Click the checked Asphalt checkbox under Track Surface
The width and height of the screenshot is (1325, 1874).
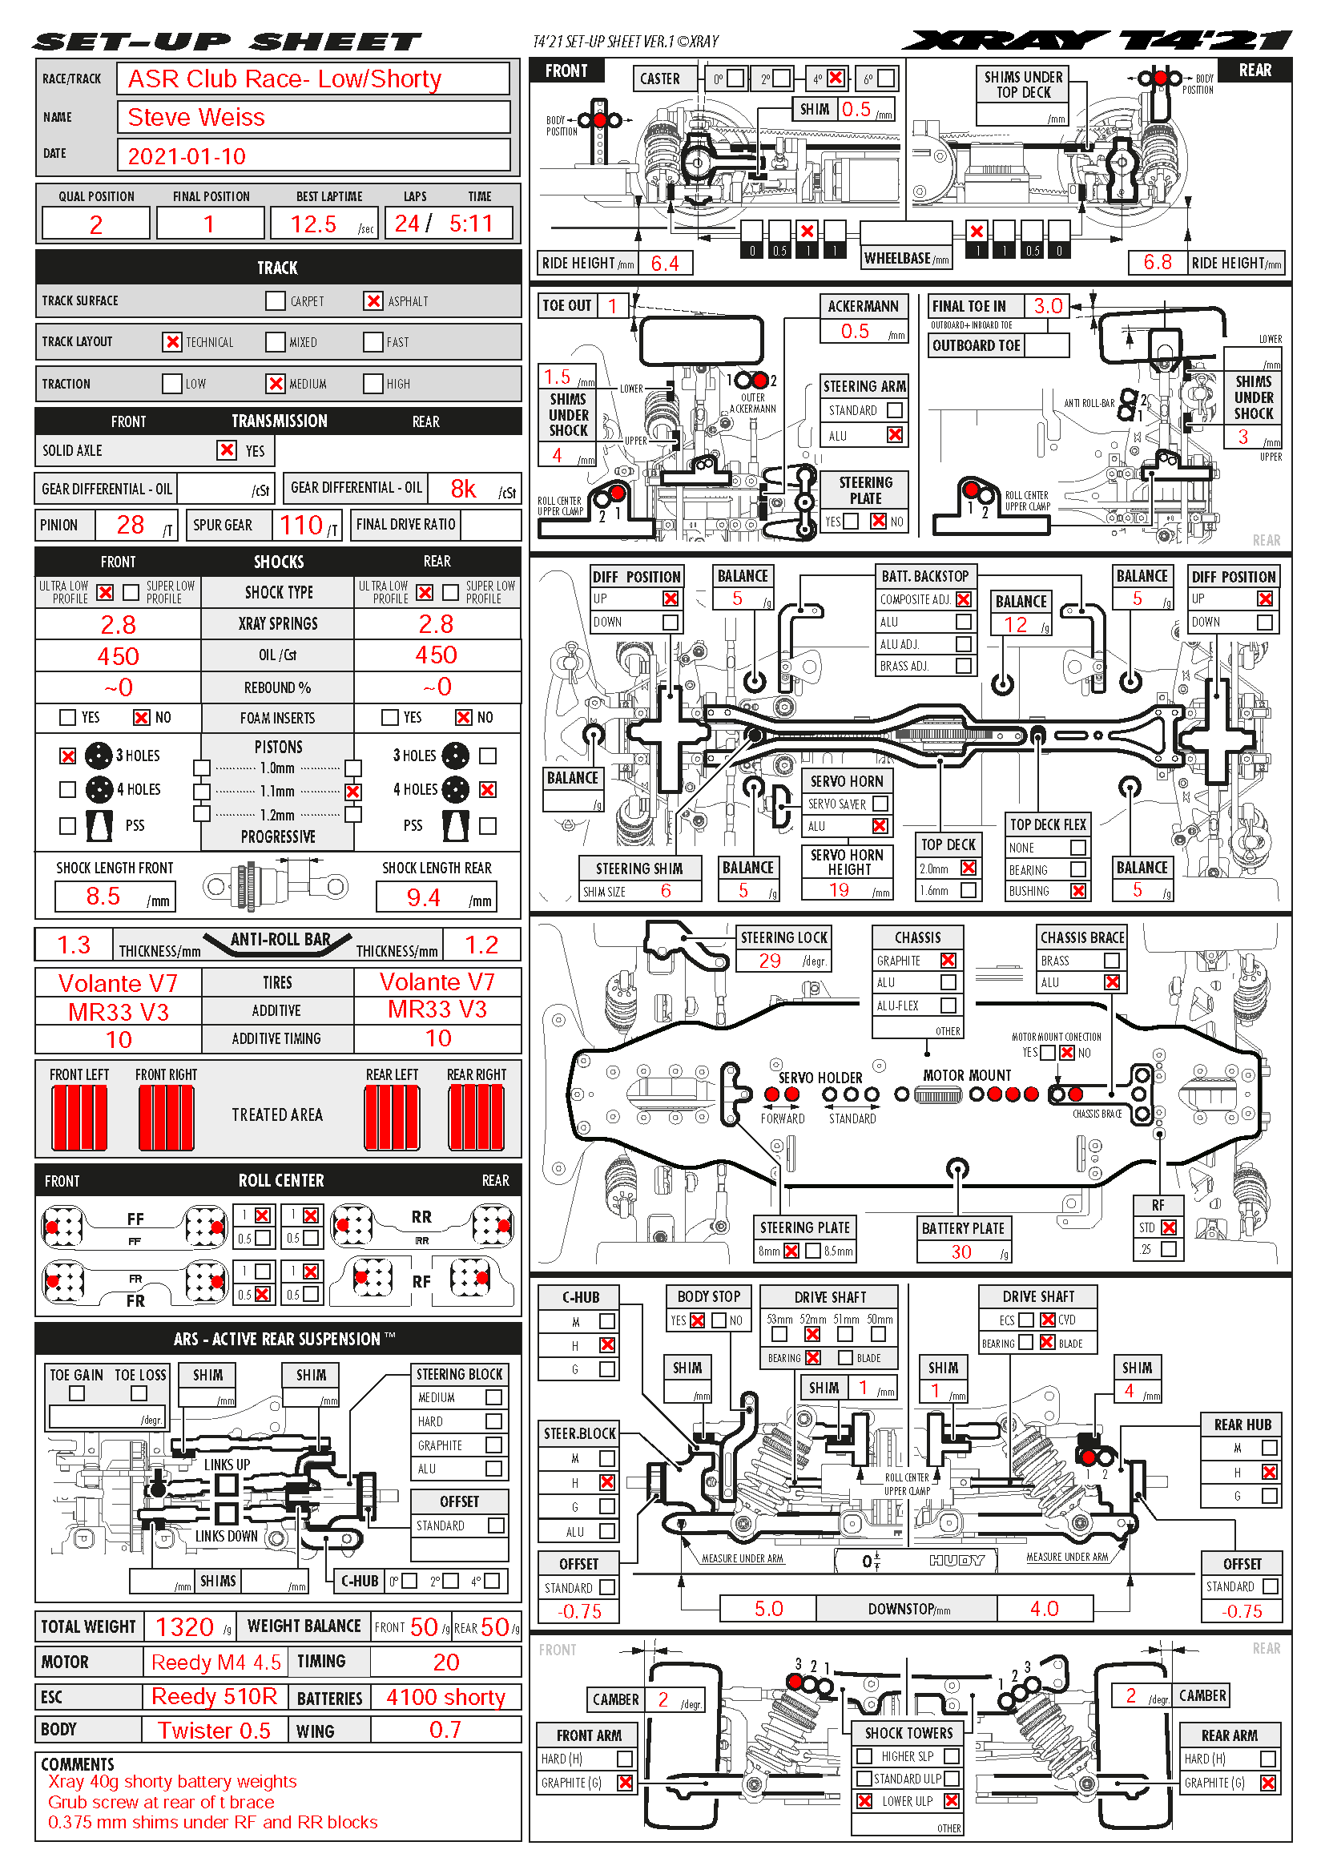373,301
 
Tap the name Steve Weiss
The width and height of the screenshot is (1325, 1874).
195,118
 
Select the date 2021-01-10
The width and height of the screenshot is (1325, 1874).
187,156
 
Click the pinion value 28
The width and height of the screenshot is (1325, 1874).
131,525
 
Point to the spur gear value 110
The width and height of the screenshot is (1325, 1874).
301,525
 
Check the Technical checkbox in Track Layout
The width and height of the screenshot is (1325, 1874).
172,342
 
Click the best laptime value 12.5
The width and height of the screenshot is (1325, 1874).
313,224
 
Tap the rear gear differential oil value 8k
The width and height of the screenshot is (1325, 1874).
463,489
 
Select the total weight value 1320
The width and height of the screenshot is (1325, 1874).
184,1626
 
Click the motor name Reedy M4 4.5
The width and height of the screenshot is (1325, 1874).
216,1662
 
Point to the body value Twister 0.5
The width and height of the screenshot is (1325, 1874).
214,1731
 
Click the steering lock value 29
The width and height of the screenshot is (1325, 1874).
769,961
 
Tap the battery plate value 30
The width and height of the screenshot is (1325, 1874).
961,1251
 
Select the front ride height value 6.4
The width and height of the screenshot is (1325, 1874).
665,263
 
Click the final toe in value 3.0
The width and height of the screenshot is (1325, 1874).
1048,306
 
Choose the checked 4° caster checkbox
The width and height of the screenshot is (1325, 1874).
835,79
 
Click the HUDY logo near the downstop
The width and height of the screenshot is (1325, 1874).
957,1560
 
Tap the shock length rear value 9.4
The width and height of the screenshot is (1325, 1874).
424,898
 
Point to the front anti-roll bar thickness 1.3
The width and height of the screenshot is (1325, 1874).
74,945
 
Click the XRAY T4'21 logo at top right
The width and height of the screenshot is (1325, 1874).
1097,41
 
